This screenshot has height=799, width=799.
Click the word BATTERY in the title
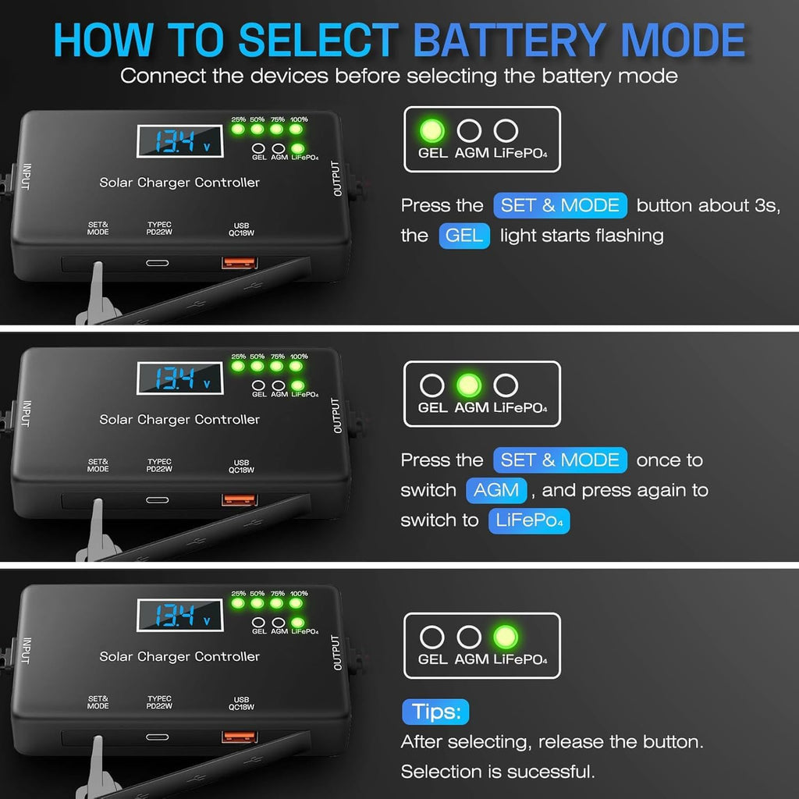[509, 40]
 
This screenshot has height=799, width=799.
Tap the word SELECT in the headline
[318, 40]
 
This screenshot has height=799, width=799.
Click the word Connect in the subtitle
[163, 76]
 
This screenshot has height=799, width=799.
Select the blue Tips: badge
[435, 712]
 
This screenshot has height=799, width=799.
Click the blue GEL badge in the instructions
[464, 236]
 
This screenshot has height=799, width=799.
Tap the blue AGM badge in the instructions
[496, 490]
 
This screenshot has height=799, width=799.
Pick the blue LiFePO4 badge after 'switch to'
[529, 520]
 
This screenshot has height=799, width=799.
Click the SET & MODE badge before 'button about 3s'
[560, 205]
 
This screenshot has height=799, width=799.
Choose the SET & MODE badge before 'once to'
[560, 460]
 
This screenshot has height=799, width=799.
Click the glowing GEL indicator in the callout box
[432, 130]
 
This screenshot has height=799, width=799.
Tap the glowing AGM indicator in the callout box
[469, 385]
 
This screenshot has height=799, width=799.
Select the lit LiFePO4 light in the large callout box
[506, 637]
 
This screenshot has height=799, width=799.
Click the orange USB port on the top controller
[239, 263]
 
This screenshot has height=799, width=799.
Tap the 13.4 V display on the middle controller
[180, 378]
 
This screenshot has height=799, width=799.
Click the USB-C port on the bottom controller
[158, 737]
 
